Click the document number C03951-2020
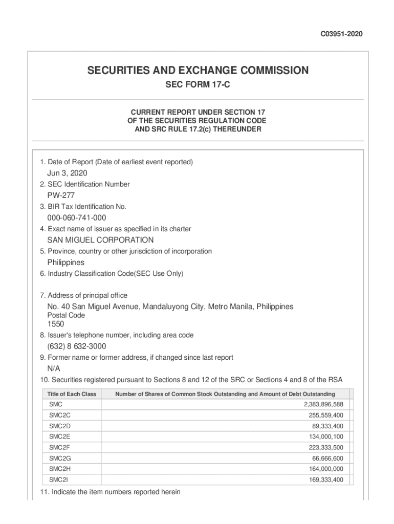(x=342, y=34)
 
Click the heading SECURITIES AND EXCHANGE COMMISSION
(x=198, y=71)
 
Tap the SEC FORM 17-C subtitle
(x=198, y=85)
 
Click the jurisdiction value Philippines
(x=66, y=263)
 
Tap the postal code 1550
(x=56, y=324)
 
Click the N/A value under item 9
(x=54, y=369)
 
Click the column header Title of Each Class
(x=72, y=394)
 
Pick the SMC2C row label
(x=60, y=415)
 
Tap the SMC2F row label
(x=59, y=447)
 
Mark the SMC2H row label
(x=60, y=469)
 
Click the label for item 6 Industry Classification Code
(x=112, y=274)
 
